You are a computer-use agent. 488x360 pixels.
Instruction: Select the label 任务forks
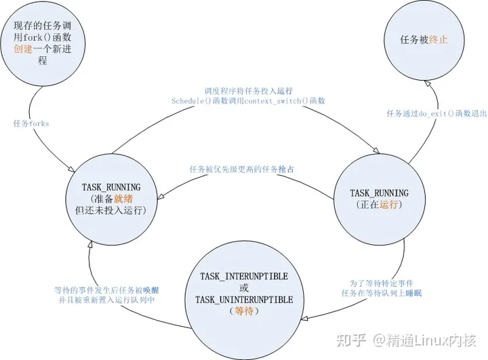31,123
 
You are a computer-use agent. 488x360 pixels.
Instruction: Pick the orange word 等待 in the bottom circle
243,311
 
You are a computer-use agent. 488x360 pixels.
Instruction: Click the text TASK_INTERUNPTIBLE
244,277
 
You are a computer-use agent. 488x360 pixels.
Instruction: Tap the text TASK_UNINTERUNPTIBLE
244,300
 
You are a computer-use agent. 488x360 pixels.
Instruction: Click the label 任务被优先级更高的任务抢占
244,169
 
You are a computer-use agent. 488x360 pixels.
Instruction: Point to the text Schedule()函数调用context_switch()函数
248,100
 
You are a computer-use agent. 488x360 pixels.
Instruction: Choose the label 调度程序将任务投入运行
249,89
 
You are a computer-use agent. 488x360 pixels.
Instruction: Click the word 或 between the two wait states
243,288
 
